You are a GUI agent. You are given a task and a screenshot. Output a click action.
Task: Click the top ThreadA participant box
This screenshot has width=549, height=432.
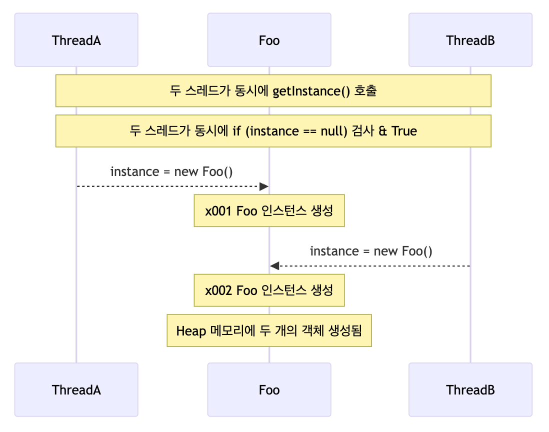click(x=76, y=40)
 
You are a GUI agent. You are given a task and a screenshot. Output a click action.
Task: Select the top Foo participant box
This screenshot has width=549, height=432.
click(x=269, y=40)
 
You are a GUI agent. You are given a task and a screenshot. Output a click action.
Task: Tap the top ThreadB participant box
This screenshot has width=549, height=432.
click(x=470, y=40)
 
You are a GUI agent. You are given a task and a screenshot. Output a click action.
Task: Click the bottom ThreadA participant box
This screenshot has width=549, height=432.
click(x=76, y=389)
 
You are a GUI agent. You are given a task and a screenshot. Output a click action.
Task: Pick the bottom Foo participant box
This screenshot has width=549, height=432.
click(x=269, y=389)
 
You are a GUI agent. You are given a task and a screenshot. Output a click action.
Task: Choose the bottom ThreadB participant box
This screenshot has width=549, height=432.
click(x=470, y=389)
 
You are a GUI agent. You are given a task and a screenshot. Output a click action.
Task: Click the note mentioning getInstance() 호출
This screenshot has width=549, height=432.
click(x=273, y=90)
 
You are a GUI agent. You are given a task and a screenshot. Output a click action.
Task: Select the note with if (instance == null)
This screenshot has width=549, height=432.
click(x=273, y=131)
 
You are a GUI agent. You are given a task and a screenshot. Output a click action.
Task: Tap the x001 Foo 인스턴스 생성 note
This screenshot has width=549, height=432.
click(x=269, y=210)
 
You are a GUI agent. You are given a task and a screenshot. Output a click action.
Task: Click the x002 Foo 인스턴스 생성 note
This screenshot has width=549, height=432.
click(x=269, y=290)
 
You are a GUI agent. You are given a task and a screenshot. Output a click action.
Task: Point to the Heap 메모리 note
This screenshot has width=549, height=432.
click(x=269, y=330)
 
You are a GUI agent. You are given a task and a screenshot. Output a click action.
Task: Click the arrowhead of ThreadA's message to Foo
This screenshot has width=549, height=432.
click(x=264, y=186)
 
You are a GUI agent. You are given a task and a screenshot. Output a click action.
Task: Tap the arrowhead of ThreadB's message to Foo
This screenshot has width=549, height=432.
click(x=274, y=266)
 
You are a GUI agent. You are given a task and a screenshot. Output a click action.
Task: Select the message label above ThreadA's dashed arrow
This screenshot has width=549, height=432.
click(x=171, y=171)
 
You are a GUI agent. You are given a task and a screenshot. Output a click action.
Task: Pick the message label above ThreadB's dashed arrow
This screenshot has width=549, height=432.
click(x=371, y=251)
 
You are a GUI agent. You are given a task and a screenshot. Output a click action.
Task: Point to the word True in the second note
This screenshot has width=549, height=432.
click(x=404, y=131)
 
